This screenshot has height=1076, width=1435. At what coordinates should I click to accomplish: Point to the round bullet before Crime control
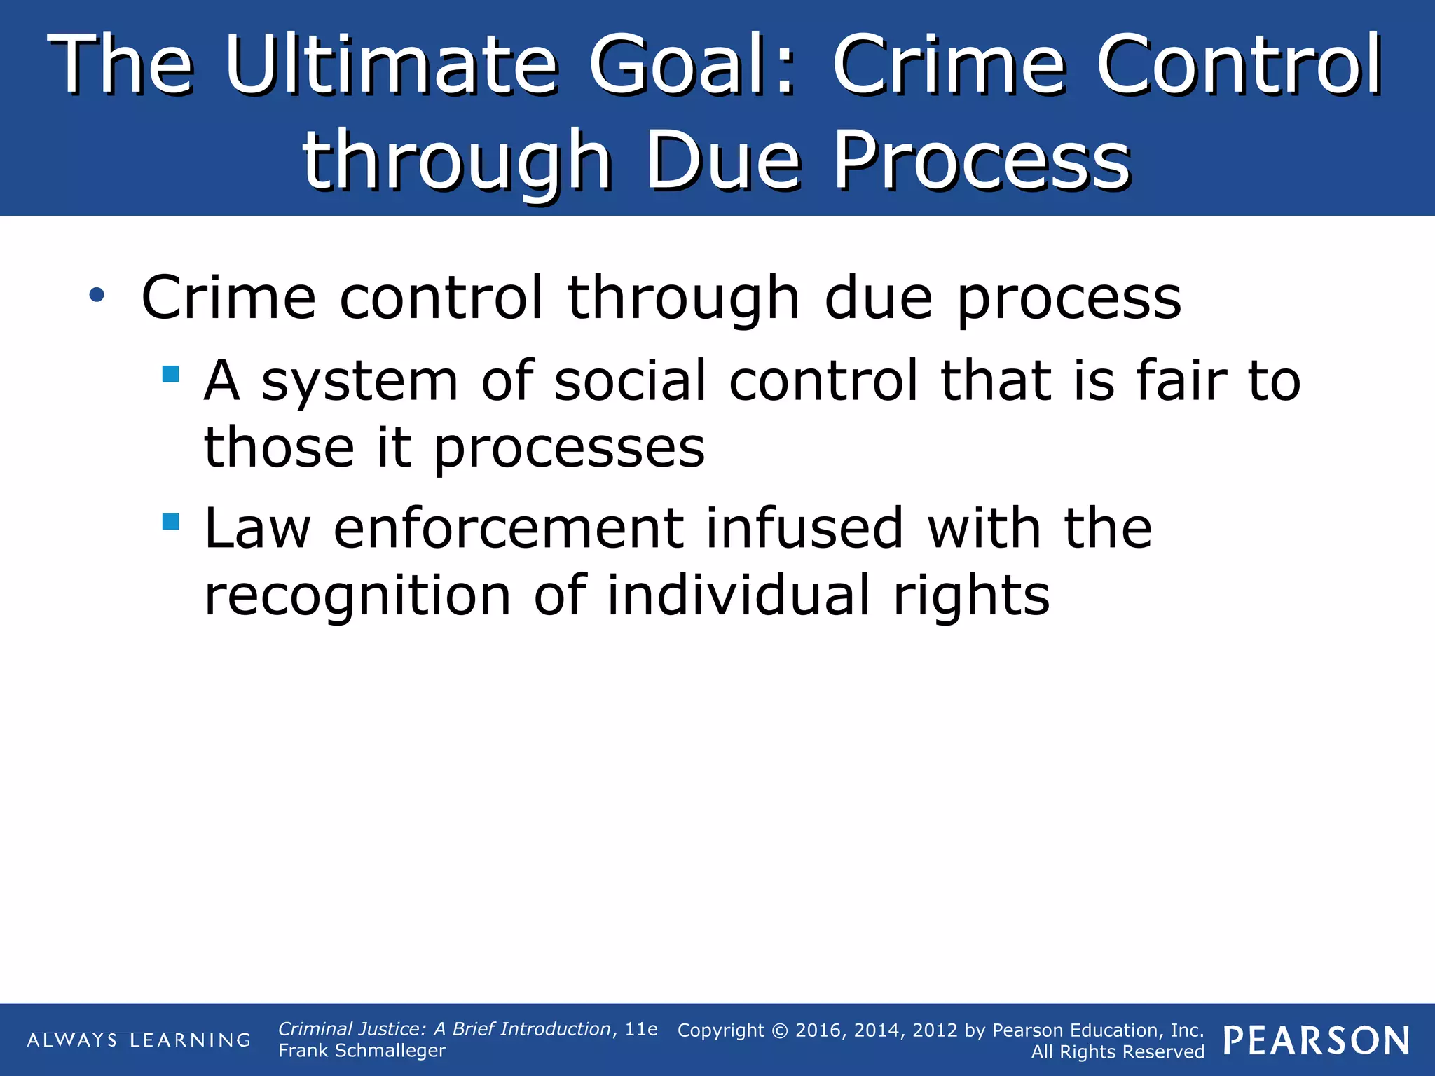click(x=97, y=296)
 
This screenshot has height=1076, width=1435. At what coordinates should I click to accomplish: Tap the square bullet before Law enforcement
click(x=170, y=521)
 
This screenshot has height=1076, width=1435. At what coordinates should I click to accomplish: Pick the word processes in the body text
click(x=569, y=448)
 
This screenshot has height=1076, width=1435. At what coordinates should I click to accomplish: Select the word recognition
click(x=357, y=595)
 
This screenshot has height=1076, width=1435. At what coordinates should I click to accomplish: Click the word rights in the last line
click(x=971, y=595)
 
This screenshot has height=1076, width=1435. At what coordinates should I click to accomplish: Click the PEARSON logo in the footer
click(x=1317, y=1041)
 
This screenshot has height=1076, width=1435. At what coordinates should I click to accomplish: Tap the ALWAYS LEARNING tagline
click(x=138, y=1040)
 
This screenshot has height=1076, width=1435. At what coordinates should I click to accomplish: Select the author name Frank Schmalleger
click(x=362, y=1051)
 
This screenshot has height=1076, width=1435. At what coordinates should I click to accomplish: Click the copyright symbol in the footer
click(x=780, y=1030)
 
